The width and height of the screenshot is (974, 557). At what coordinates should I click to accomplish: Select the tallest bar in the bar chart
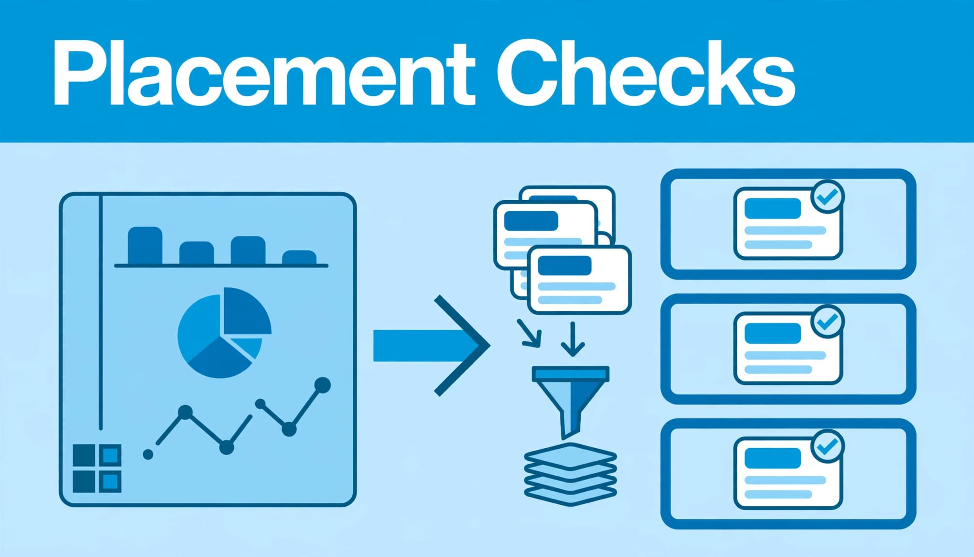[145, 245]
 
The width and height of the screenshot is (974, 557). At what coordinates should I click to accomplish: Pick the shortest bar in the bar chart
[299, 257]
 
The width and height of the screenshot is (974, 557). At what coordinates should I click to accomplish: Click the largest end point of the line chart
[322, 385]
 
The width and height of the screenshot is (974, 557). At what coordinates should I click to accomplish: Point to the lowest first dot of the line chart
[148, 454]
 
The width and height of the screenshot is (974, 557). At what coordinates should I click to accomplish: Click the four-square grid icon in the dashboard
[97, 469]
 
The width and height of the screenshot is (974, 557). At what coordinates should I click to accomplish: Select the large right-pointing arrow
[431, 346]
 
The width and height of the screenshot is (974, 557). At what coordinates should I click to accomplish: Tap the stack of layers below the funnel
[571, 474]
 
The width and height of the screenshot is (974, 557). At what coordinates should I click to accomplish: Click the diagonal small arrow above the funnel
[529, 333]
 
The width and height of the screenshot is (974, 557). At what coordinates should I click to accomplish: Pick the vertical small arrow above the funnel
[573, 339]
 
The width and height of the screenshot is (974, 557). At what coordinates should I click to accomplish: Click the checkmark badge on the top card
[828, 196]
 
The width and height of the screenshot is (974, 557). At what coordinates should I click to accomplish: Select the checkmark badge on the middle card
[828, 321]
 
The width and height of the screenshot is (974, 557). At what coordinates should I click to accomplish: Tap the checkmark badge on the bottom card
[828, 446]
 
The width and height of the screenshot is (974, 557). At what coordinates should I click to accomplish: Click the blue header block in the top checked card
[773, 208]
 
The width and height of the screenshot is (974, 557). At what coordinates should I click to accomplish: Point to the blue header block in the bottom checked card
[773, 458]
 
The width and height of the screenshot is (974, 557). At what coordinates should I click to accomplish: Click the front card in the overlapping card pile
[579, 279]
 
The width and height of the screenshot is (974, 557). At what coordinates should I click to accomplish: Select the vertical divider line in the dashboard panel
[100, 312]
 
